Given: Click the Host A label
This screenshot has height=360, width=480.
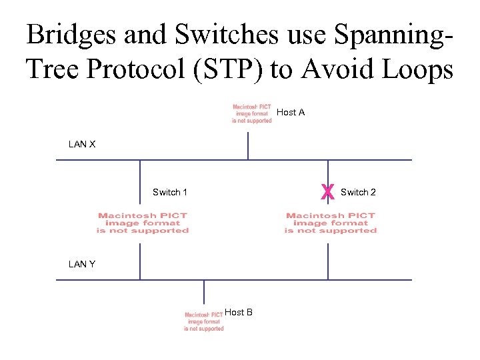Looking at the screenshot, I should [291, 113].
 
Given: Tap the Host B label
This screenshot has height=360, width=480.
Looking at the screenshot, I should [239, 312].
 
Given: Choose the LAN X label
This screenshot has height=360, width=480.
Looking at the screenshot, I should [82, 144].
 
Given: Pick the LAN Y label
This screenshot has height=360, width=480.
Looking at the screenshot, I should [82, 264].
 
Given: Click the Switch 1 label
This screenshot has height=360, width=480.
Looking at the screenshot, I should [170, 193].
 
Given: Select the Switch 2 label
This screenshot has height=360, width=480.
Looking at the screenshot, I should [358, 193].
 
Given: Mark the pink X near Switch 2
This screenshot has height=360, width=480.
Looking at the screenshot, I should [327, 193].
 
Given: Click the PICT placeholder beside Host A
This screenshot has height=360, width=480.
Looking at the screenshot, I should [252, 113].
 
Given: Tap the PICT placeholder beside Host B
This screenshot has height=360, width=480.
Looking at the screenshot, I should [204, 321].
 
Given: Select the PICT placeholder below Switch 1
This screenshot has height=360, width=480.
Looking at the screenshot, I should [143, 223].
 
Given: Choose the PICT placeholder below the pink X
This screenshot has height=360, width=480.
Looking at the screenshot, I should [331, 223].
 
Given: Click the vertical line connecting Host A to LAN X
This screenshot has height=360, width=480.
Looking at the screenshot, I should [248, 145].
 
